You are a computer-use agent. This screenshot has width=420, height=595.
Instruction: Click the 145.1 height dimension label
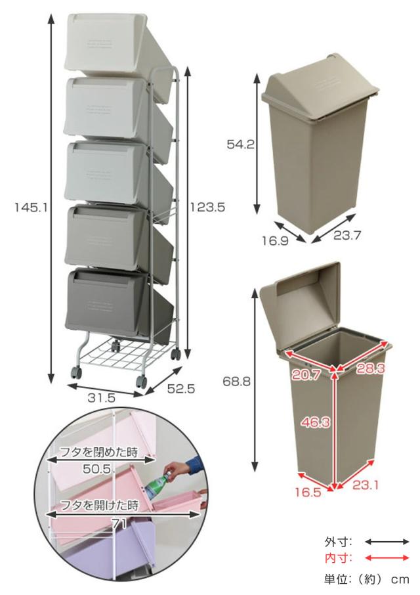click(31, 207)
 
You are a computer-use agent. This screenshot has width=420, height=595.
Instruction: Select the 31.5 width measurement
click(101, 398)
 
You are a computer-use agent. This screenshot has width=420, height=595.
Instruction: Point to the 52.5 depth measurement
click(181, 389)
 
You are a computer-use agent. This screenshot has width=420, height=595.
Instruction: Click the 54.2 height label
click(240, 144)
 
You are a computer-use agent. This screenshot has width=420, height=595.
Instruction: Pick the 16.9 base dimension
click(275, 240)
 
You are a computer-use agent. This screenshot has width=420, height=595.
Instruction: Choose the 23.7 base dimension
click(347, 235)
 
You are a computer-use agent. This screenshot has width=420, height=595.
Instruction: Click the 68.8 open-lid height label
click(236, 382)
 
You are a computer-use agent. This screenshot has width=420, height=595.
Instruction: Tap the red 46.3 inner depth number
click(316, 422)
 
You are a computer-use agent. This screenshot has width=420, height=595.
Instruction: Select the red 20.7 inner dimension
click(306, 375)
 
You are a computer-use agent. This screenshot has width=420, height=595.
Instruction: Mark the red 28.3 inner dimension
click(370, 368)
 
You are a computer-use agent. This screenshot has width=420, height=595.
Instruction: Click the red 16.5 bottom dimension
click(308, 492)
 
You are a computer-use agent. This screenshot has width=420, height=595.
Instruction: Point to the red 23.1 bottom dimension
click(366, 485)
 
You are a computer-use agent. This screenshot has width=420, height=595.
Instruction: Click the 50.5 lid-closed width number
click(97, 469)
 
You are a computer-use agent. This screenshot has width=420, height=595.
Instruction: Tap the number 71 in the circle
click(119, 524)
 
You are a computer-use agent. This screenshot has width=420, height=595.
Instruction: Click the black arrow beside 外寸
click(387, 542)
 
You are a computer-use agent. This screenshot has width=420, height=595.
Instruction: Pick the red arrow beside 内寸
click(387, 558)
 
